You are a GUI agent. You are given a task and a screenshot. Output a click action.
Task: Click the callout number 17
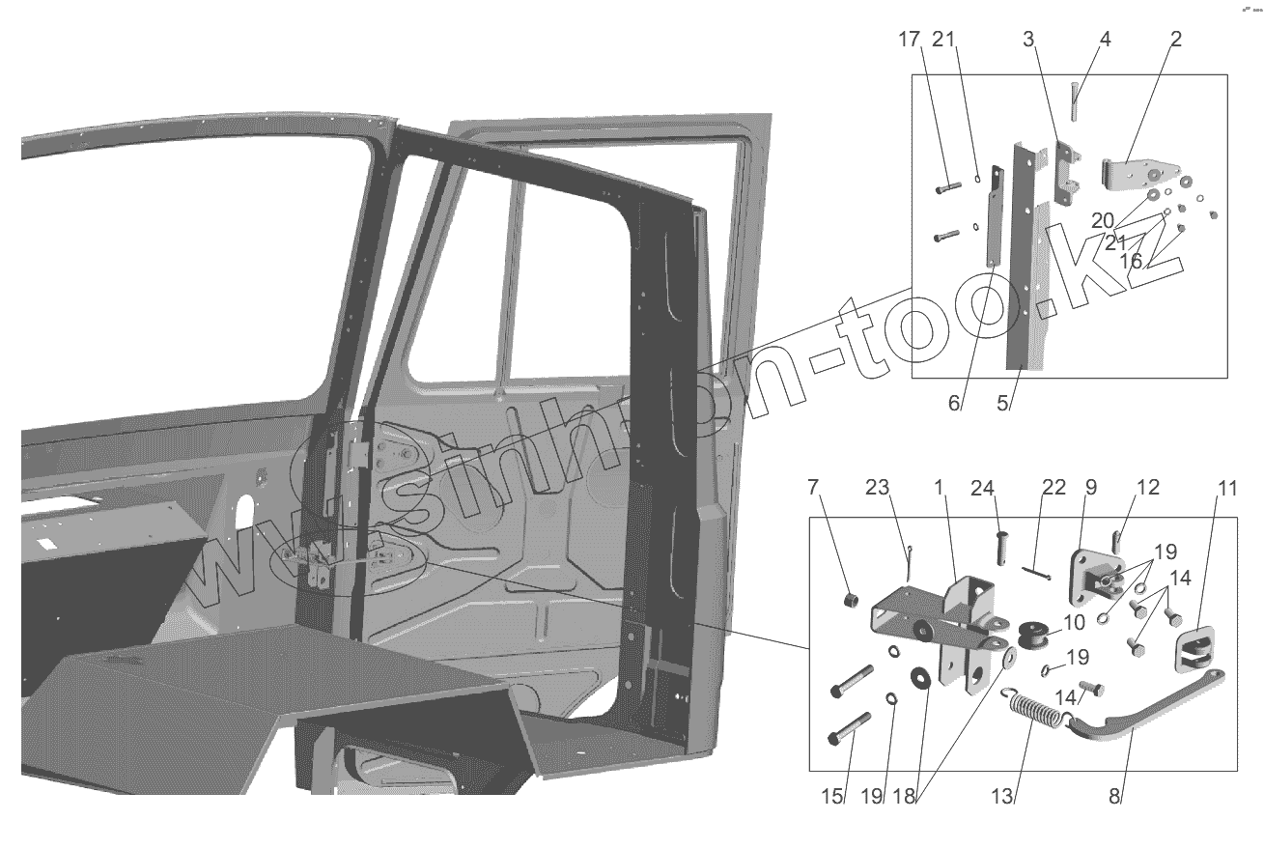pyautogui.click(x=909, y=40)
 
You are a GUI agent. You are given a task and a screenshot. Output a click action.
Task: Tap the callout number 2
pyautogui.click(x=1175, y=40)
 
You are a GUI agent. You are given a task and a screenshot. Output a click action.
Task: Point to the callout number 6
pyautogui.click(x=954, y=404)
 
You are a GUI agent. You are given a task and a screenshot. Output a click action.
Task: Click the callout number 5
pyautogui.click(x=1004, y=404)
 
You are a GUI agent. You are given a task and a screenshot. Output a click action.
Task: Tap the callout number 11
pyautogui.click(x=1226, y=487)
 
